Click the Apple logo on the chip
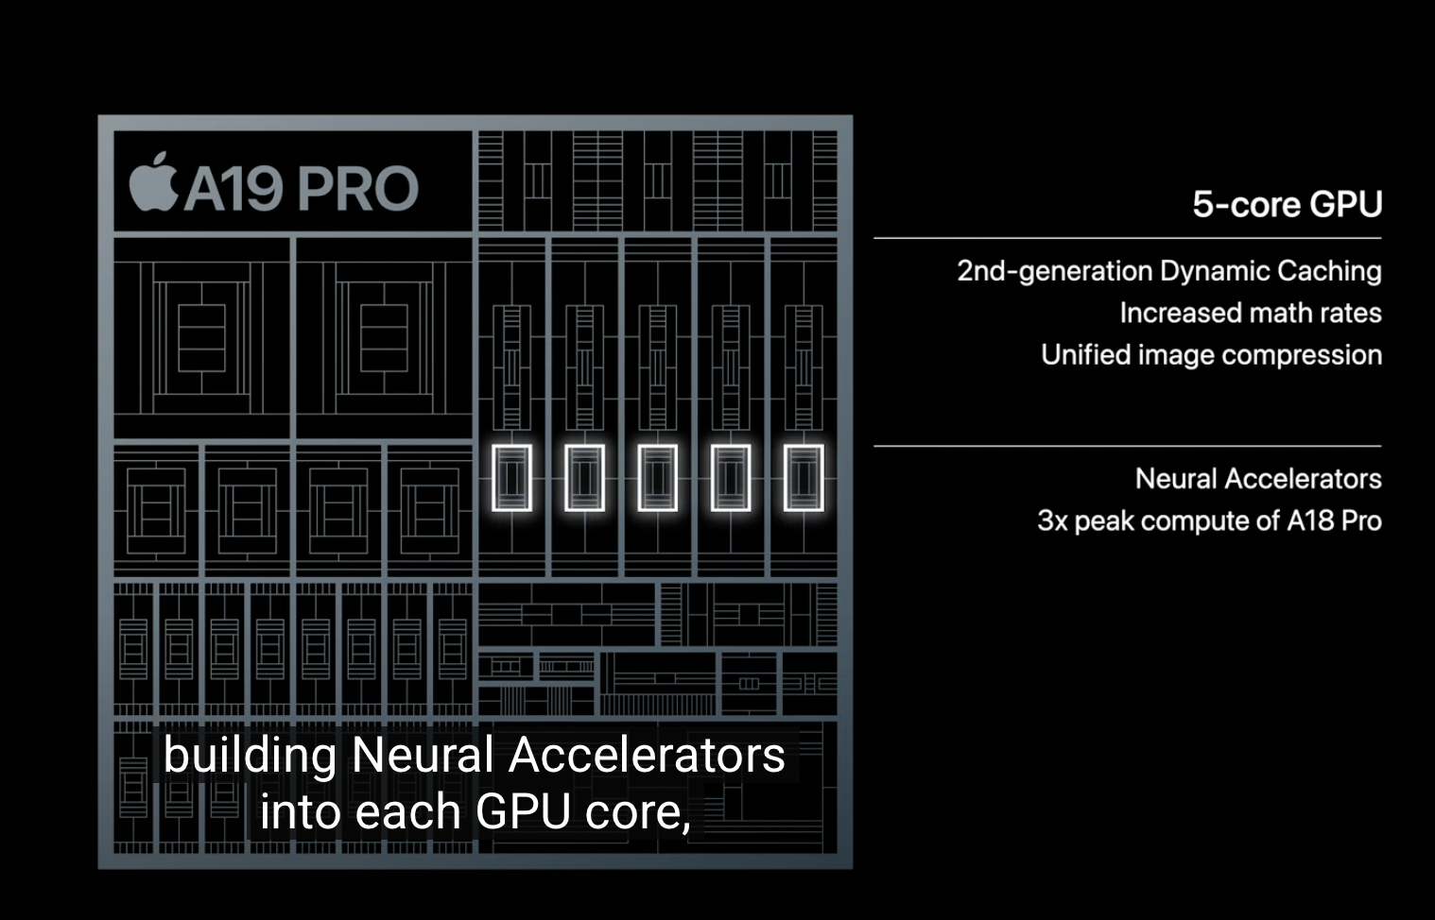153,181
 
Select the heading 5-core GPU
1287,204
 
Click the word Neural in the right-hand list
1176,479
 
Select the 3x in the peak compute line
1052,521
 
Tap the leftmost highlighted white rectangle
511,478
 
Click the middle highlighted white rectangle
657,478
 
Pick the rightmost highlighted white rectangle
804,478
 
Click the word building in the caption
250,756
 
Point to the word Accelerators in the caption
647,756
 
